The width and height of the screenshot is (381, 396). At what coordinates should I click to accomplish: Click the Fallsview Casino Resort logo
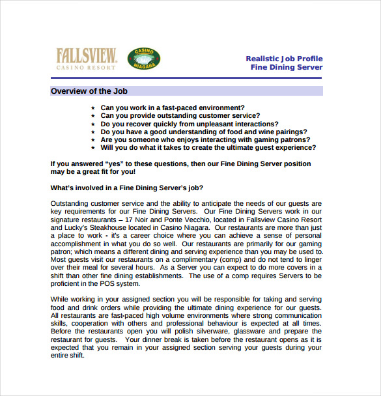(86, 59)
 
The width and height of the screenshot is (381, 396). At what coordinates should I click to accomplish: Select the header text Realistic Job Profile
(284, 59)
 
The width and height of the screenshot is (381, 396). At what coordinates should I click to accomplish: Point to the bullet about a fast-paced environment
(173, 107)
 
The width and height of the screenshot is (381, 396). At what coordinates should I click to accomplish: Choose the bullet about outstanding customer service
(180, 115)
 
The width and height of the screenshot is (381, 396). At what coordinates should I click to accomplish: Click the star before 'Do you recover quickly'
(93, 124)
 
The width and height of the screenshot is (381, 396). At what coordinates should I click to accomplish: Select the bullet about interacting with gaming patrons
(205, 139)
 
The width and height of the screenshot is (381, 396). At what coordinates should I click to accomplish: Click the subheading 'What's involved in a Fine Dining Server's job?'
(127, 188)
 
